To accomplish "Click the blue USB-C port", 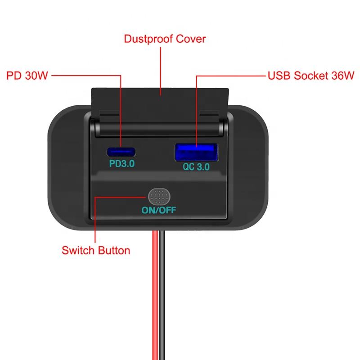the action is point(121,152).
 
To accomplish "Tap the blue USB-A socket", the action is point(196,152).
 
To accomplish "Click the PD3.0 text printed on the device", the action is point(121,164).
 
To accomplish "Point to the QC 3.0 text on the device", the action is point(196,166).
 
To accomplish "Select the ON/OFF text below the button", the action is point(159,210).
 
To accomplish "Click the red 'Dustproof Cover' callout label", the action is point(165,39).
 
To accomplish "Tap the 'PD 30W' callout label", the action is point(27,76).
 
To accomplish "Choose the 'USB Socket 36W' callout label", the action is point(311,76).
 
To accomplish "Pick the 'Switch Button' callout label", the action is point(96,250).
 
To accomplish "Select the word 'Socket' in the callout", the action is point(311,76).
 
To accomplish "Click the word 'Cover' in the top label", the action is point(191,39).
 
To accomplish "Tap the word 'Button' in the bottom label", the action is point(114,250).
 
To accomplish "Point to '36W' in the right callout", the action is point(343,76).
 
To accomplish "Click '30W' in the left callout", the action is point(36,76).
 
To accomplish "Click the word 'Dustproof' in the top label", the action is point(148,39).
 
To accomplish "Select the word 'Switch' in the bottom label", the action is point(78,250).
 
